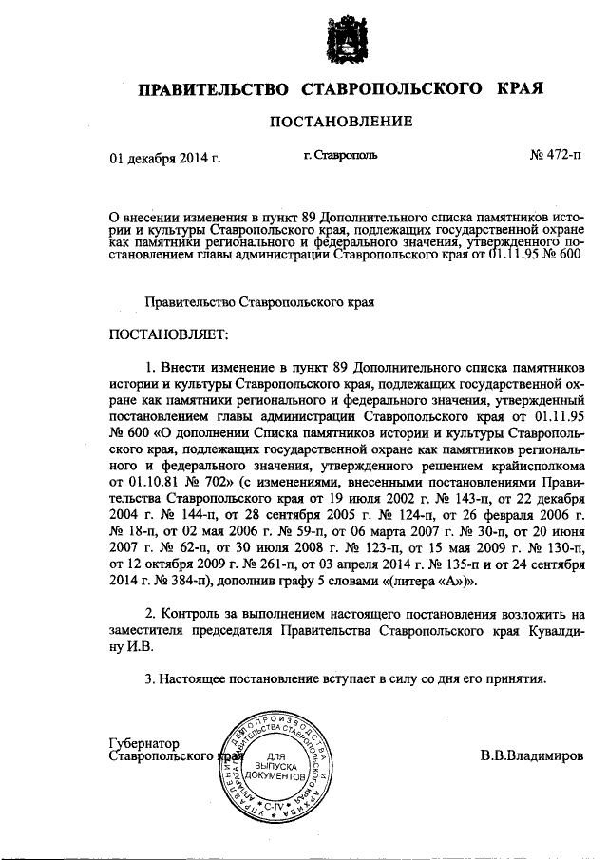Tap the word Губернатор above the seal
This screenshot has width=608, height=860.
[x=144, y=742]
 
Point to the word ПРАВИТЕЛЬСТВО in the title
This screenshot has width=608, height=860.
[x=214, y=90]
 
